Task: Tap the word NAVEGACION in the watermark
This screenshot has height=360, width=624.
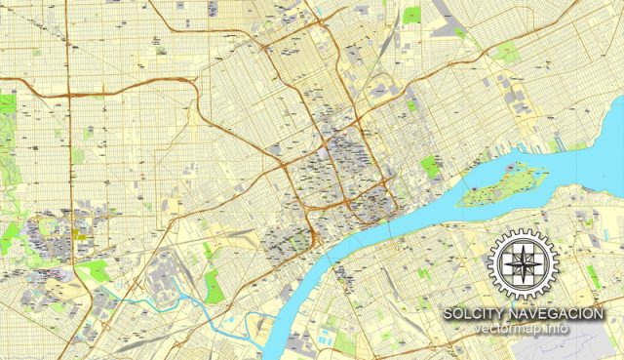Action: click(557, 313)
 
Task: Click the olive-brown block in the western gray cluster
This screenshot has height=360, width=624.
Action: click(77, 233)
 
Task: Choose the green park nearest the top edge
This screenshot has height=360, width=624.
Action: click(411, 16)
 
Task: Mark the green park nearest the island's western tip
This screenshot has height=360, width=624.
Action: click(430, 167)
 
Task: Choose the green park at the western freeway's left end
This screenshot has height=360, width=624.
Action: click(8, 101)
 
